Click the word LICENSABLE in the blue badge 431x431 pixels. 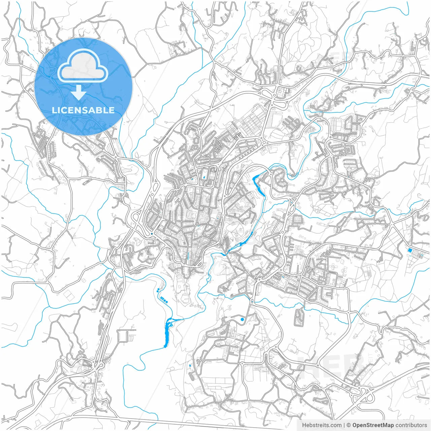83,110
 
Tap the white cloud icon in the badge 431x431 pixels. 83,66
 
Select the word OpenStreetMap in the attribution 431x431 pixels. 373,425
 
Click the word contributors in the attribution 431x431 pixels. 411,425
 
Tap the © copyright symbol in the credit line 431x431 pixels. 349,425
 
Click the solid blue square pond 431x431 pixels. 409,250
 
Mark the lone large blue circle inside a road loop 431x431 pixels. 242,319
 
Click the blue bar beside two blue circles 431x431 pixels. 165,299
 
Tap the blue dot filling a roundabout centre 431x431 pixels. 152,233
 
